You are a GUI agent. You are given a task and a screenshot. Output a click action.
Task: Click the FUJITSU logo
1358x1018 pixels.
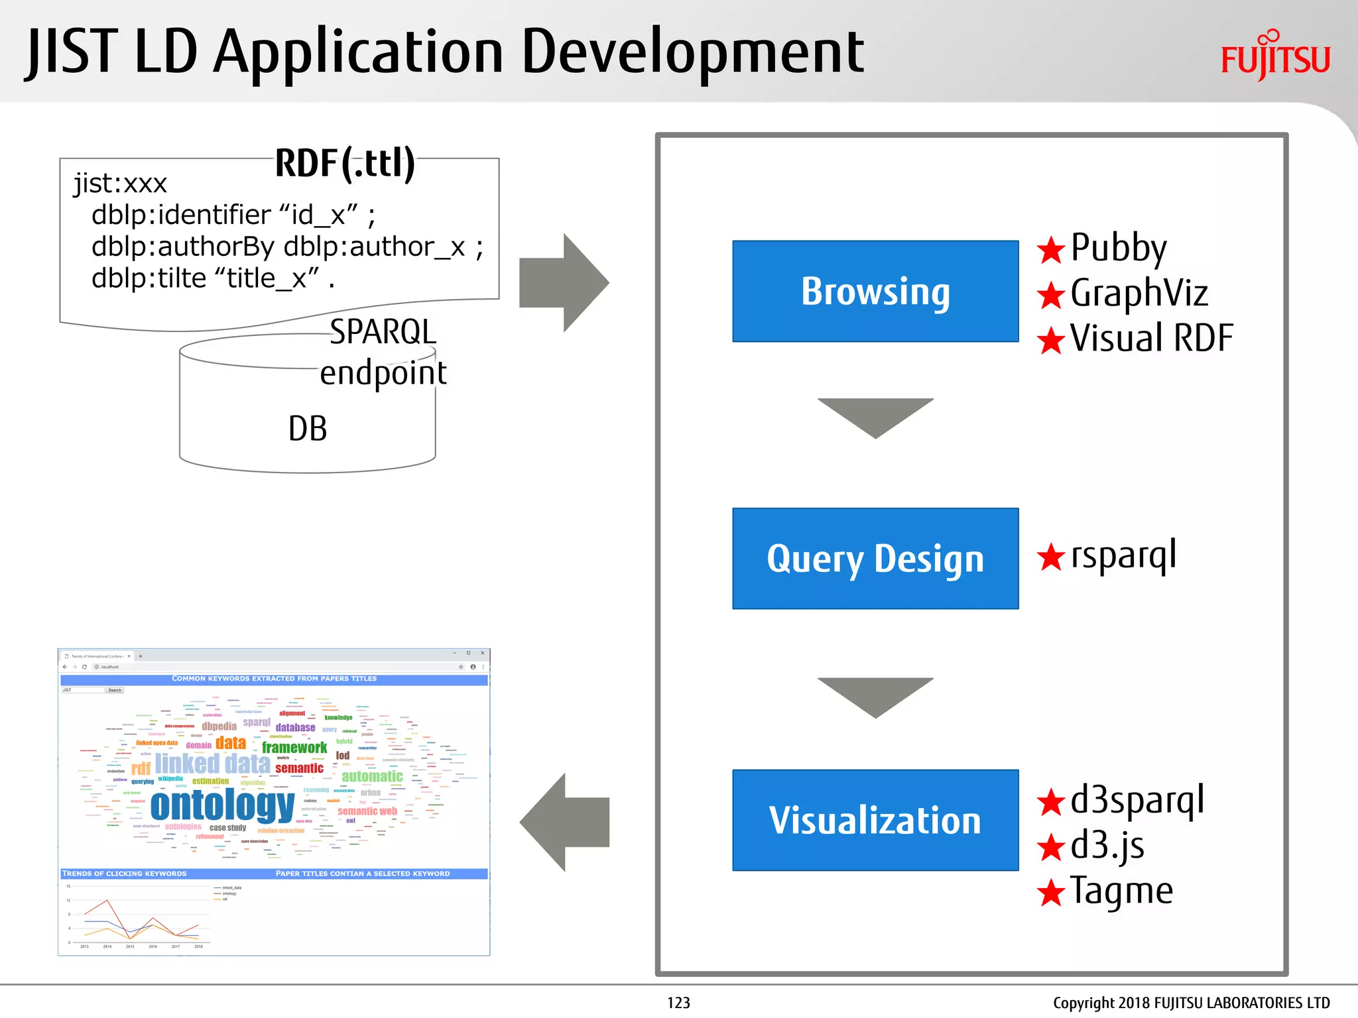[1275, 57]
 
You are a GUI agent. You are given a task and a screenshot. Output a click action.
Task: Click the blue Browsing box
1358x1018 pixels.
[875, 292]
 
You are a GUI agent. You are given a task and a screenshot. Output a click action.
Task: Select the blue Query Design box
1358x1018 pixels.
[875, 559]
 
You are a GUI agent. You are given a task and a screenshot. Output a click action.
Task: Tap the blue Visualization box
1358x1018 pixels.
[875, 820]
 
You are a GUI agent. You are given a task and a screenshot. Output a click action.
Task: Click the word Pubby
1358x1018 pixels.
[1119, 248]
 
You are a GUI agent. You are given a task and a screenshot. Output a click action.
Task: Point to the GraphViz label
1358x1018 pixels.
[1139, 294]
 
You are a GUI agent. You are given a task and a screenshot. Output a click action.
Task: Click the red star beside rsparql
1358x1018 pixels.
[1051, 557]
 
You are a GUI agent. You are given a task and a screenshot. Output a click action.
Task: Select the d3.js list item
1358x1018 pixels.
[1107, 846]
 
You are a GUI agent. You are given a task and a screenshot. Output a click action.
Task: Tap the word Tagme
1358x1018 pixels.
[1121, 891]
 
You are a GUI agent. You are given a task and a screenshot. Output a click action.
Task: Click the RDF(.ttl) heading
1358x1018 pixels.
[345, 163]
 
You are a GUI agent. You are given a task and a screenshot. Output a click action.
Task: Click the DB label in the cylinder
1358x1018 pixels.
[308, 429]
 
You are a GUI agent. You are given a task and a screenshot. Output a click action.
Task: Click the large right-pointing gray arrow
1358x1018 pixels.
[564, 283]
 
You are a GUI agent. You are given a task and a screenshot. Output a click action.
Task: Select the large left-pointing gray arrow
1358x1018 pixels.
[564, 822]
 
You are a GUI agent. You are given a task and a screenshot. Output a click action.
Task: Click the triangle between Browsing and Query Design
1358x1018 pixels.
[875, 415]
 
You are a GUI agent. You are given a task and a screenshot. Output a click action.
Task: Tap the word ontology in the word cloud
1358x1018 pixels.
[222, 806]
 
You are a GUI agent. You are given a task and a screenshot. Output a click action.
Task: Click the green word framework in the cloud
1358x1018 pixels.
[294, 748]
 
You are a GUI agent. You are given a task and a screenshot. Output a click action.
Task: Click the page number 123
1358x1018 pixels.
[678, 1003]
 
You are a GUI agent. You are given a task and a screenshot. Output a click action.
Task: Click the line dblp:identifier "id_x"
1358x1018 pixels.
[232, 215]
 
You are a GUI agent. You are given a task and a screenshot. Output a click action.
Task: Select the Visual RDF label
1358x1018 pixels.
[1151, 338]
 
